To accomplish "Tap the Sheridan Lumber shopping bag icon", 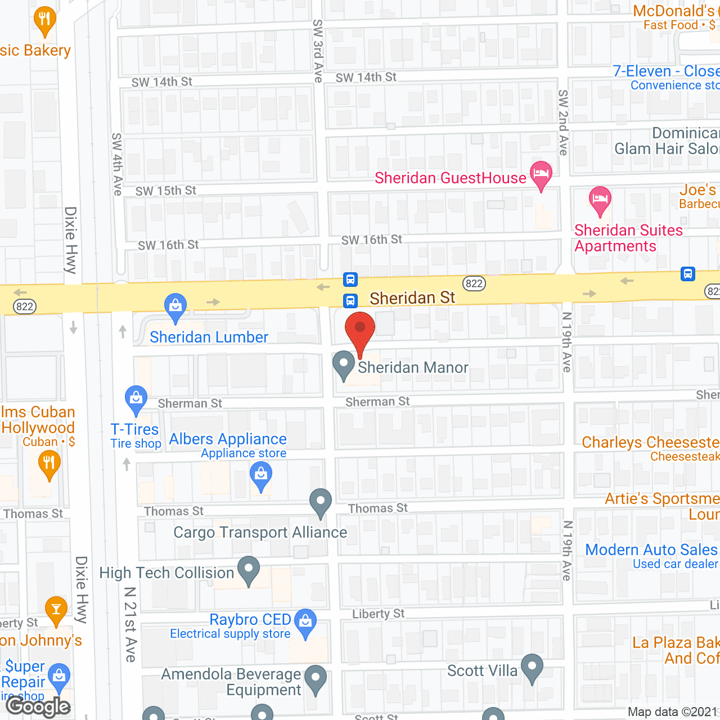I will click(175, 307).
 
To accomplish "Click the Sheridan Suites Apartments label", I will click(628, 238).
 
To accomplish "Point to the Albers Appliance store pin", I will click(261, 476).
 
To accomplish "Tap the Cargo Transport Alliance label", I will click(260, 532).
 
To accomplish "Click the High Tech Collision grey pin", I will click(249, 570).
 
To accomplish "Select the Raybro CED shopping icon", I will click(305, 623).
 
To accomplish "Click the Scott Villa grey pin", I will click(532, 668).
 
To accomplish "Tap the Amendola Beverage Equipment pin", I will click(316, 679).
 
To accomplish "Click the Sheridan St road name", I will click(412, 298).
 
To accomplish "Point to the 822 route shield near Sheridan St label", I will click(474, 283).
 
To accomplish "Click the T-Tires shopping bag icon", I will click(136, 399).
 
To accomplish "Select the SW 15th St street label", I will click(165, 191).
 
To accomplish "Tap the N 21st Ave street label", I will click(130, 624).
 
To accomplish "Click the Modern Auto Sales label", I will click(651, 550).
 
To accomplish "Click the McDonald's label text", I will click(674, 11).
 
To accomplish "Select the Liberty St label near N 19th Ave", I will click(378, 614).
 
